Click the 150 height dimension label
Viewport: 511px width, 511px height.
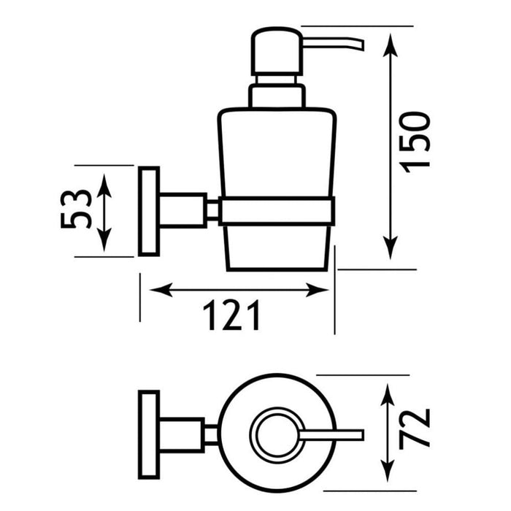tap(416, 142)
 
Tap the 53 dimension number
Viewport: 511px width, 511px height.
tap(76, 209)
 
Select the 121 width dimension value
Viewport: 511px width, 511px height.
tap(231, 315)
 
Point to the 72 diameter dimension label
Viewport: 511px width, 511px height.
tap(415, 429)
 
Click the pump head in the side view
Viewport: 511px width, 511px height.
tap(277, 52)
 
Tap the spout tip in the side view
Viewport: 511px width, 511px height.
tap(362, 45)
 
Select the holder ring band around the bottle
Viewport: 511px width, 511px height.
tap(277, 211)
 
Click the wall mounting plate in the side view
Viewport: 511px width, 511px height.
tap(149, 211)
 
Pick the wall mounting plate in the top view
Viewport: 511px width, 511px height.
tap(149, 435)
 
